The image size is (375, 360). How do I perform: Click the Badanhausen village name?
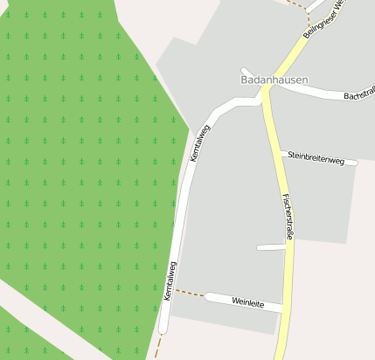click(x=274, y=79)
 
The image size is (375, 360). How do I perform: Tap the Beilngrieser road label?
click(x=325, y=17)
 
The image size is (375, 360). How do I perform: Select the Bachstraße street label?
click(x=358, y=95)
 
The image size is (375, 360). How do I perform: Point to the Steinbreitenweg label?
click(x=323, y=158)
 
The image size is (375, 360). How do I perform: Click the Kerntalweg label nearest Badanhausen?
click(x=200, y=142)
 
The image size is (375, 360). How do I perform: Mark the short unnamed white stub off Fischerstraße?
click(x=271, y=248)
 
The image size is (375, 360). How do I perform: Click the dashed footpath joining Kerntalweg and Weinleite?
click(x=190, y=292)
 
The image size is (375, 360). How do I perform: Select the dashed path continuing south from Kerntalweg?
click(x=158, y=345)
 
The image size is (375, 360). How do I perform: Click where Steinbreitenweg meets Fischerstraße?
click(x=281, y=154)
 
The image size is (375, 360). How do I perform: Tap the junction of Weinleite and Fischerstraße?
click(x=284, y=308)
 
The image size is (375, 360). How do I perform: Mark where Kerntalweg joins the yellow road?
click(x=261, y=100)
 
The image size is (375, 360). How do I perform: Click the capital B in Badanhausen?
click(x=244, y=79)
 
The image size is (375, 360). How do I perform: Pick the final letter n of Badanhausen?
click(x=304, y=79)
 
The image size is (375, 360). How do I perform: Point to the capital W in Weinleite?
click(x=235, y=300)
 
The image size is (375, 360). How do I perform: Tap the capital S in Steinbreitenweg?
click(x=290, y=156)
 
